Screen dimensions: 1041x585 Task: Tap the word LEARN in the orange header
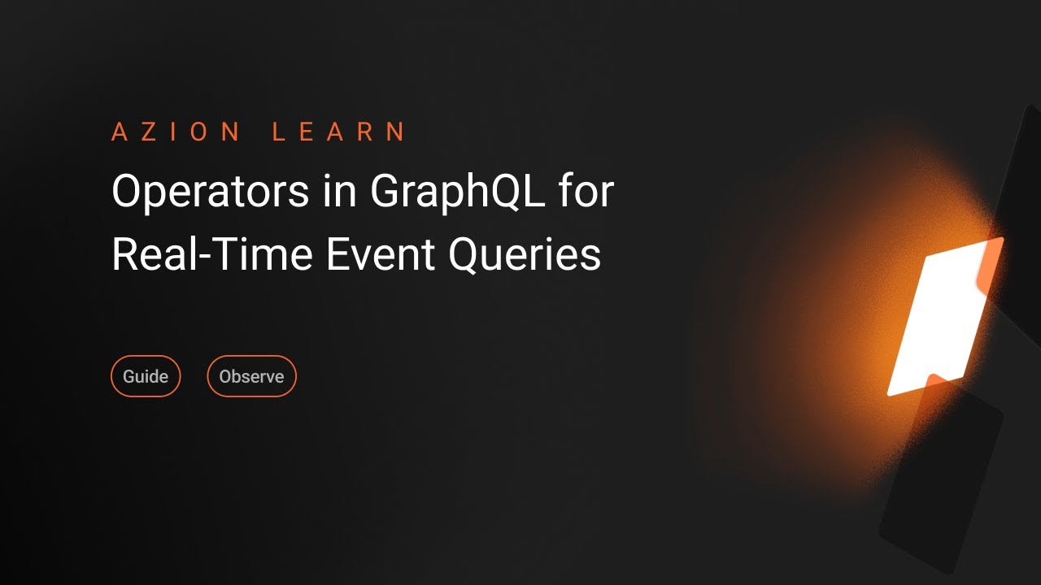tap(338, 132)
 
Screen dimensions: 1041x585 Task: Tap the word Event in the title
tap(381, 253)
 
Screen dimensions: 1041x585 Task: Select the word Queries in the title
tap(525, 255)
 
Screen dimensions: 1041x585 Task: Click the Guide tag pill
tap(146, 376)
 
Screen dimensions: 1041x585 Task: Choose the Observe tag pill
tap(251, 376)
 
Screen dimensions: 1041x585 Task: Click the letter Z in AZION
tap(149, 132)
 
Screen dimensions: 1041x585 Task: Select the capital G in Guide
tap(128, 376)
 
